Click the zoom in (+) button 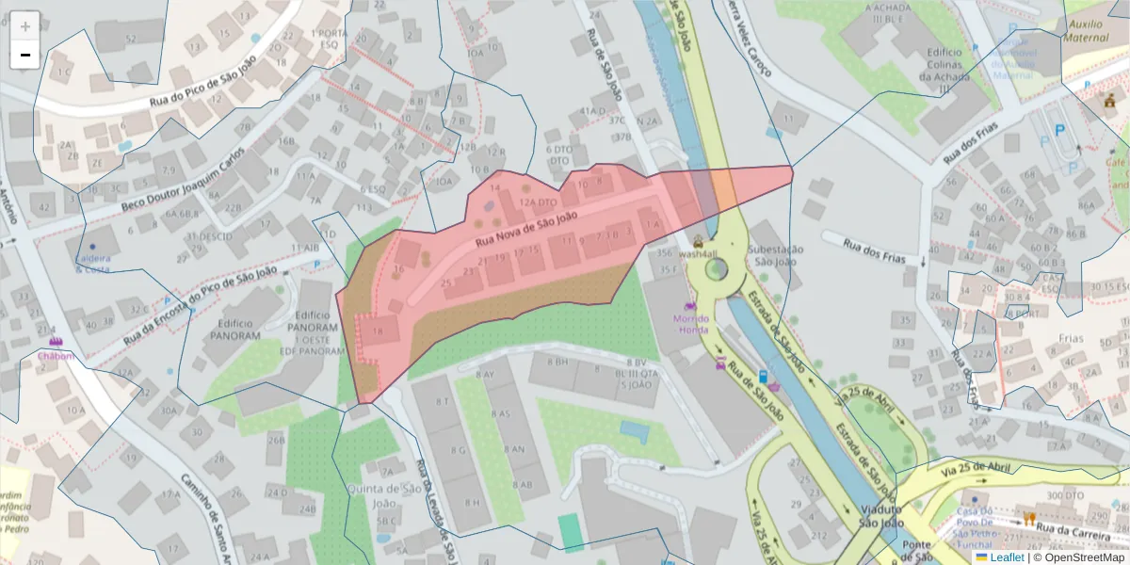(25, 25)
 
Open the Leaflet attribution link (1006, 557)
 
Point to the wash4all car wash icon (698, 240)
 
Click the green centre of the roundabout (717, 270)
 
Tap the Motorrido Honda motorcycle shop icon (691, 305)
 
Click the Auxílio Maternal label (1086, 30)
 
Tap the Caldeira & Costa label (92, 264)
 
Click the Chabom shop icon (55, 342)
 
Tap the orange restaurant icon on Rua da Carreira (1029, 519)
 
